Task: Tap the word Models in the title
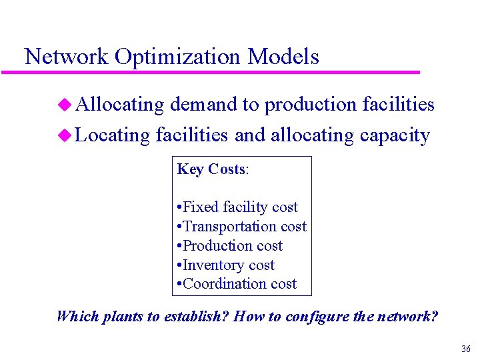[283, 57]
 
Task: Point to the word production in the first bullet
[310, 105]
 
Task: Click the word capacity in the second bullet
[395, 136]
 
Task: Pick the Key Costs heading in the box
[213, 169]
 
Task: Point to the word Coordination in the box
[221, 284]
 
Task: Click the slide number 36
[465, 349]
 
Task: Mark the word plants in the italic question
[121, 316]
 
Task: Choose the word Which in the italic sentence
[77, 316]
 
